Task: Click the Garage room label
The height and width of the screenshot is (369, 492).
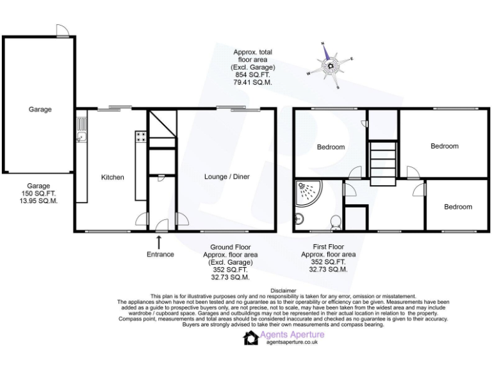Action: (40, 110)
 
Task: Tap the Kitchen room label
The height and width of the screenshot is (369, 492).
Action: (113, 177)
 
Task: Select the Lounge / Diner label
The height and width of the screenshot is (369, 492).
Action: (227, 177)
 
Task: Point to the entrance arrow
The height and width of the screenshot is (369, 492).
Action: (159, 242)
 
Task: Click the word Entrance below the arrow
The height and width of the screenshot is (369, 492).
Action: (160, 254)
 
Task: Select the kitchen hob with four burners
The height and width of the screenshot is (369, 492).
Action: (141, 136)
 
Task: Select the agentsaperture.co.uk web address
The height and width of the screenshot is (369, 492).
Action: (292, 342)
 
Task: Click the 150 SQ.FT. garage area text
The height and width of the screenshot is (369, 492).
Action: (40, 193)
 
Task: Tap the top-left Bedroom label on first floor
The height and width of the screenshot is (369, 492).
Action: (331, 147)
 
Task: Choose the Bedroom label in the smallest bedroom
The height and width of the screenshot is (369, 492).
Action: (458, 207)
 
